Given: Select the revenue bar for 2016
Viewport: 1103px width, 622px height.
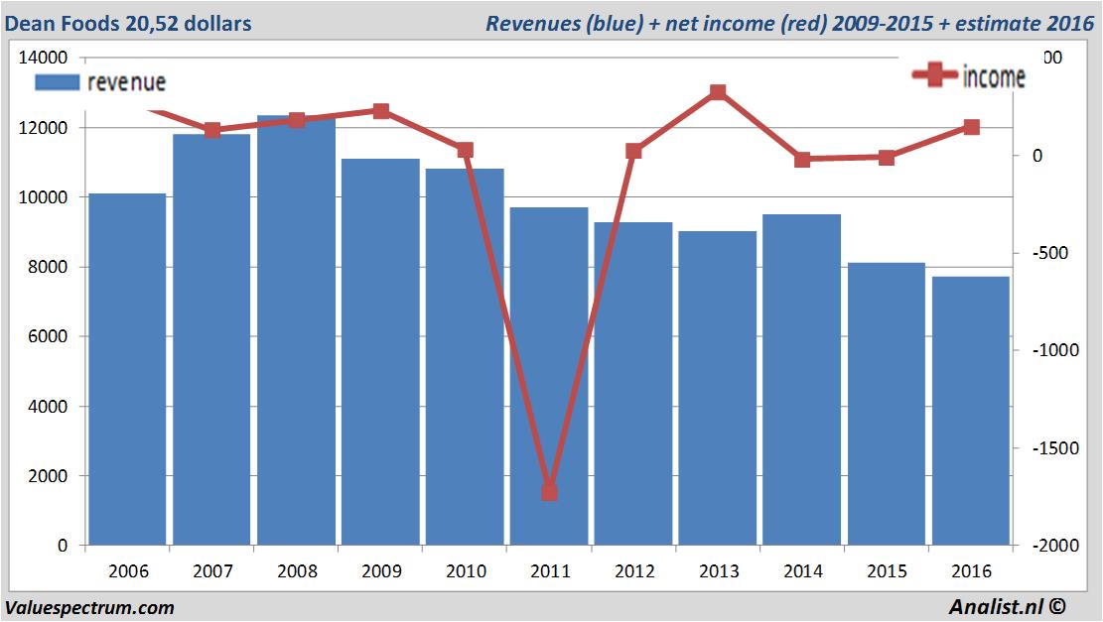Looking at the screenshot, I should [970, 412].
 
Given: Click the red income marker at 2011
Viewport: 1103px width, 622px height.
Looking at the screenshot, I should [550, 492].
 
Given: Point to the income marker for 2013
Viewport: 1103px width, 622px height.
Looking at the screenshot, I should [718, 92].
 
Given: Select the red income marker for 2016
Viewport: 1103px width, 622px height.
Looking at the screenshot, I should [971, 127].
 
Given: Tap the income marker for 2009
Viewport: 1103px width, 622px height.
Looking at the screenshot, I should [381, 111].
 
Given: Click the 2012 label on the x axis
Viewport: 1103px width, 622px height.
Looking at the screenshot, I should [634, 571].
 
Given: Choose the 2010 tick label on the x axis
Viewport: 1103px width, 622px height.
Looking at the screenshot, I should [466, 571].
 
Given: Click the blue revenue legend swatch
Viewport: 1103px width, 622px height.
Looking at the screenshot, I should [58, 83].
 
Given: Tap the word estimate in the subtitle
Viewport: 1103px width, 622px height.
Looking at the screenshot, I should [996, 23].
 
